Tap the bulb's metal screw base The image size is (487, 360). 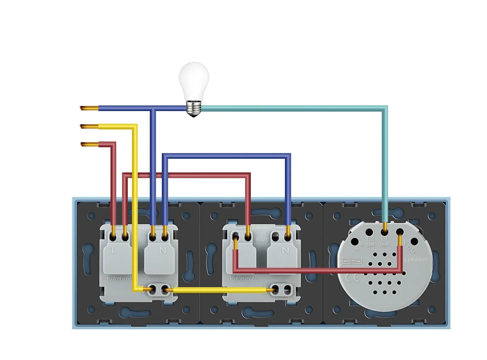point(193,108)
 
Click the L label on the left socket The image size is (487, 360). point(115,251)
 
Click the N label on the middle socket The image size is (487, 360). point(285,251)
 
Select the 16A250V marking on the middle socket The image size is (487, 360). point(241,279)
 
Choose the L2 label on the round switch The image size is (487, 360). point(370,242)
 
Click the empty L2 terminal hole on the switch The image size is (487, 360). point(369,231)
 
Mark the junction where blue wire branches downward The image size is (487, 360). point(152,109)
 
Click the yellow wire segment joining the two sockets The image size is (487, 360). point(220,289)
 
